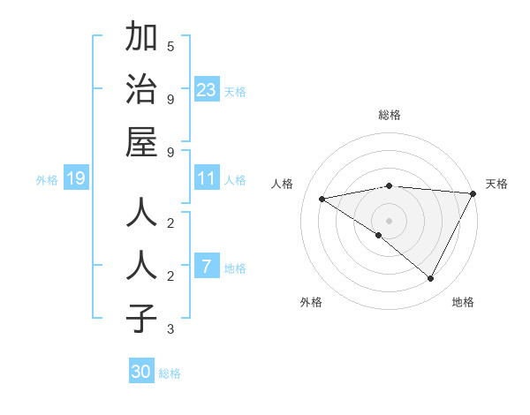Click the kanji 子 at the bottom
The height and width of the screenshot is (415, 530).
tap(141, 318)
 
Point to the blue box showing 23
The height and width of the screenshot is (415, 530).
tap(207, 89)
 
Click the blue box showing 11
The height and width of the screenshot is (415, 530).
tap(207, 179)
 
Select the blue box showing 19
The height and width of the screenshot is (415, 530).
tap(75, 179)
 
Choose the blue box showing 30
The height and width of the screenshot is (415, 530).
tap(141, 372)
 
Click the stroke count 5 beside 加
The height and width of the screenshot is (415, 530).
tap(170, 46)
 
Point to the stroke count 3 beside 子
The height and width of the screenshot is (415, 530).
tap(170, 330)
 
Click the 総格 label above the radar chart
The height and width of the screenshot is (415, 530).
tap(390, 115)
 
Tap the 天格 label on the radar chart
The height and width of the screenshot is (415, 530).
tap(496, 184)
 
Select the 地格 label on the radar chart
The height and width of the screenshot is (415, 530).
tap(463, 302)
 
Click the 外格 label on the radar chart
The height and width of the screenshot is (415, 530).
tap(311, 302)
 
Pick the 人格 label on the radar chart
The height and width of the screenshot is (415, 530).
tap(282, 184)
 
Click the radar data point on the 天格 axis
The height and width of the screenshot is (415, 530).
tap(473, 193)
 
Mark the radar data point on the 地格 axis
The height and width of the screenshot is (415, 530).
tap(431, 279)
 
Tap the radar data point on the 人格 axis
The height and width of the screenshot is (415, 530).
tap(322, 199)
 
